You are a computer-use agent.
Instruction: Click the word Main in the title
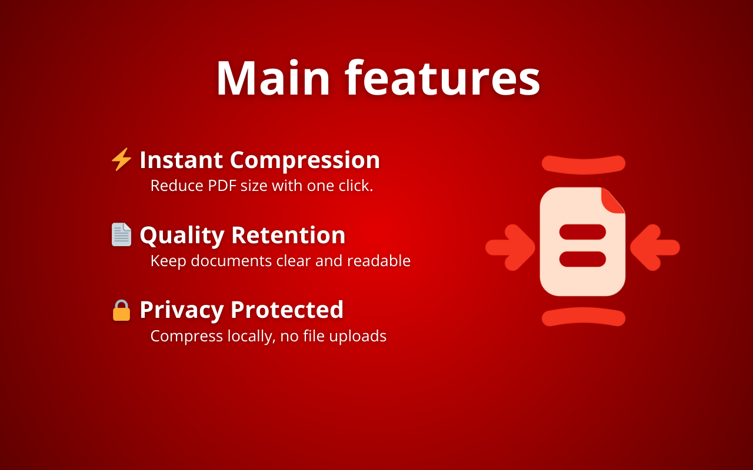click(273, 78)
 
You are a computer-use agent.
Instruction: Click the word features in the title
click(442, 78)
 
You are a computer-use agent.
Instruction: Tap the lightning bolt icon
click(121, 160)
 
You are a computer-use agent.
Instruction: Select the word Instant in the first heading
click(181, 160)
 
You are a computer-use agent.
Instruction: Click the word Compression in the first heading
click(305, 160)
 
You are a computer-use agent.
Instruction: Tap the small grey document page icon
click(121, 234)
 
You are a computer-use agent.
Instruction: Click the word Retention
click(288, 235)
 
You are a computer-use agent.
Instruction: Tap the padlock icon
click(121, 310)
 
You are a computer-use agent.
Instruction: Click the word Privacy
click(181, 310)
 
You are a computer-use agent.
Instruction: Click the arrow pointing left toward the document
click(654, 247)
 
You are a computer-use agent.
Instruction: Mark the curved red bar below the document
click(583, 317)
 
